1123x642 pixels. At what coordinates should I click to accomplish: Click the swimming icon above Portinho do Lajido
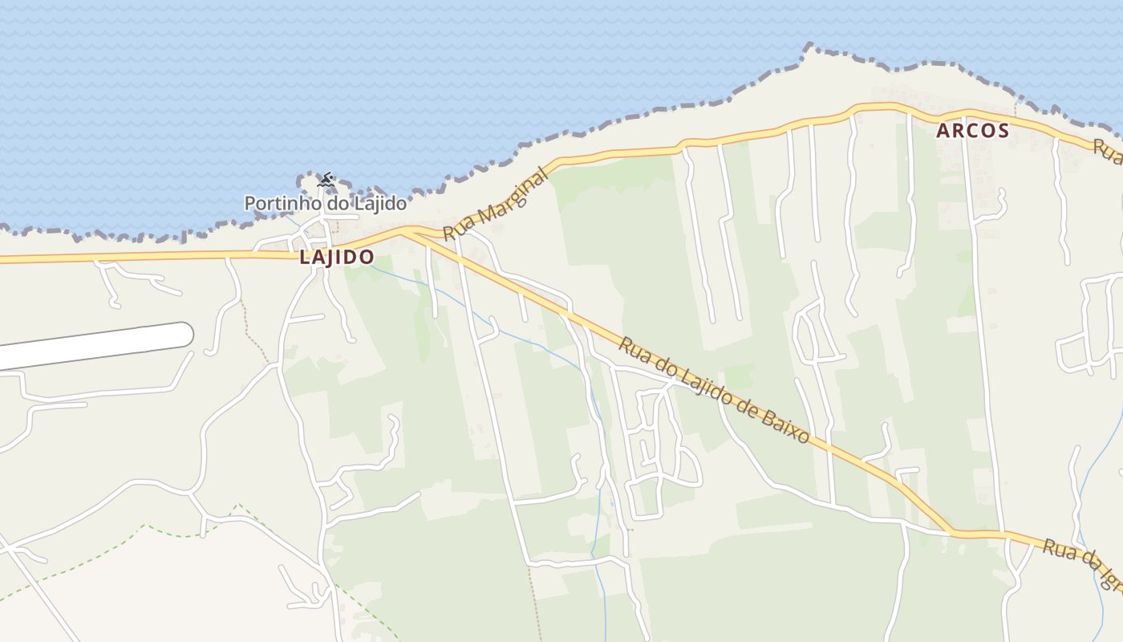pyautogui.click(x=325, y=180)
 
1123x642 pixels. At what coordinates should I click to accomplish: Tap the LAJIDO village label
pyautogui.click(x=337, y=258)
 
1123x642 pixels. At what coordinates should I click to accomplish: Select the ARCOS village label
pyautogui.click(x=972, y=131)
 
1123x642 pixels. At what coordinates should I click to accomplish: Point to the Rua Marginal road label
pyautogui.click(x=495, y=204)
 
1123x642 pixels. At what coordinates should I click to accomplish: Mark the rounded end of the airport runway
pyautogui.click(x=184, y=334)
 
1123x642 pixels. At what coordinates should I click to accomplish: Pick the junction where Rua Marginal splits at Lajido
pyautogui.click(x=409, y=232)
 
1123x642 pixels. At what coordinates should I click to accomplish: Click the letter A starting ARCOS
pyautogui.click(x=943, y=131)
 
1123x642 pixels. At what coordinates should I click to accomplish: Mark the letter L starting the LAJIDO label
pyautogui.click(x=305, y=258)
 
